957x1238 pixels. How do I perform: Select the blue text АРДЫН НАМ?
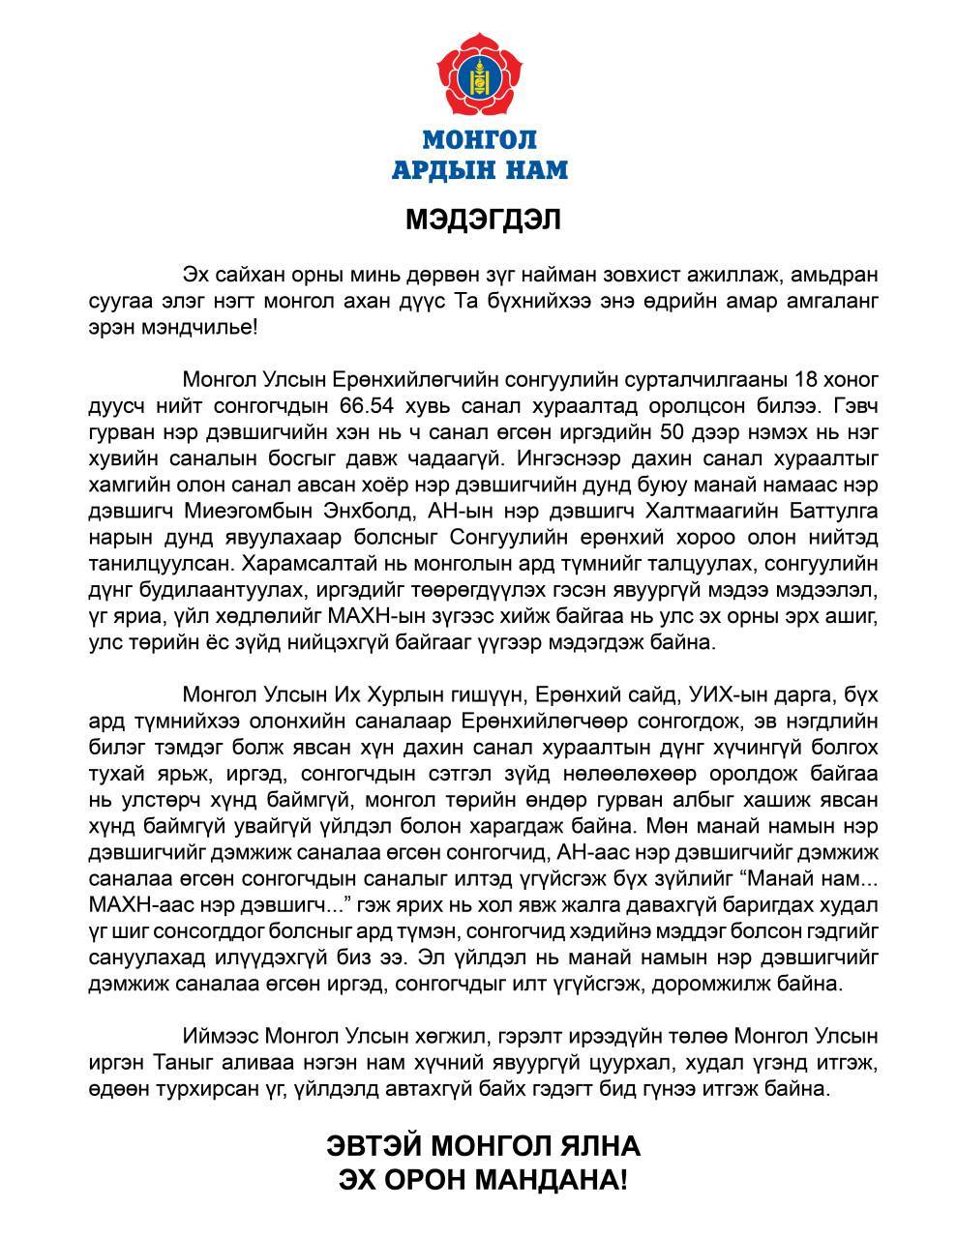click(480, 171)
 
